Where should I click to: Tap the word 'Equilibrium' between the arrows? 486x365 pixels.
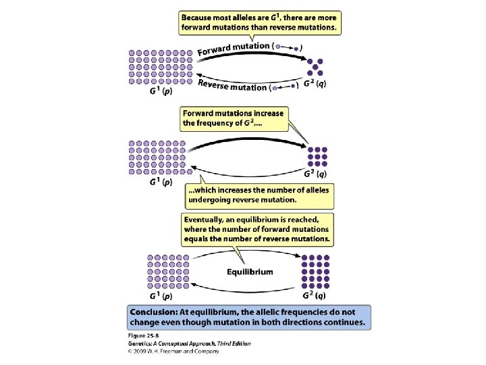click(x=250, y=272)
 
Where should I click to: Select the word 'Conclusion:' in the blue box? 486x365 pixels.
click(x=157, y=313)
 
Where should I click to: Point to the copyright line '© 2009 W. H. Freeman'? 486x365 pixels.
click(x=172, y=351)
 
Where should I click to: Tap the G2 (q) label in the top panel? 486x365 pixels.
click(x=315, y=84)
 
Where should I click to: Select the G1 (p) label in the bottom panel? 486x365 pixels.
click(x=159, y=295)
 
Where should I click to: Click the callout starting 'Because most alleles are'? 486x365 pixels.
click(x=259, y=21)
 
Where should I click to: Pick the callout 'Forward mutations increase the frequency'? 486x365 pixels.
click(x=234, y=118)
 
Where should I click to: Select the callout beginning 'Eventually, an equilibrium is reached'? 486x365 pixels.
click(x=257, y=229)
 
